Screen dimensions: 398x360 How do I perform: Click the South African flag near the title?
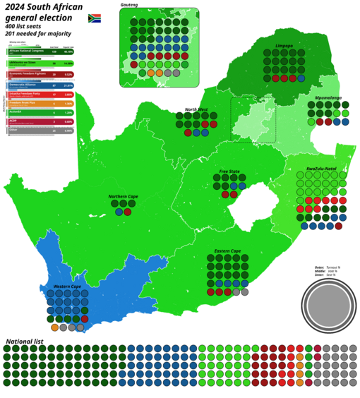click(94, 18)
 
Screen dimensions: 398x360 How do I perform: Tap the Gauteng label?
click(128, 5)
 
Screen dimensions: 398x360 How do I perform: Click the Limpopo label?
click(284, 46)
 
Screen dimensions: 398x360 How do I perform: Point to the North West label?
click(196, 109)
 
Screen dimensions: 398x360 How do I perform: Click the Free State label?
click(229, 171)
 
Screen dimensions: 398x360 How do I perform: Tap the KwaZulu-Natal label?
click(321, 169)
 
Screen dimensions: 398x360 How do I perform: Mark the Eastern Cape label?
click(227, 251)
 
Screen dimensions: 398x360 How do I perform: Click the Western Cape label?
click(67, 286)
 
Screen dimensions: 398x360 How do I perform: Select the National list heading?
click(28, 341)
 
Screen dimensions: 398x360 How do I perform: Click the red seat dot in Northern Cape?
click(128, 212)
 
